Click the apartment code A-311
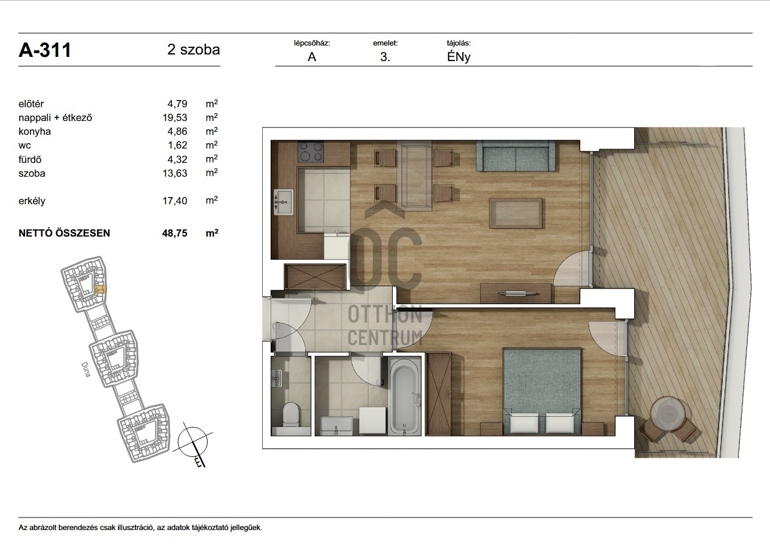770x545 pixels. [x=45, y=50]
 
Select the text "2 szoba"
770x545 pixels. [x=193, y=50]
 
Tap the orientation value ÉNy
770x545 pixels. [x=459, y=57]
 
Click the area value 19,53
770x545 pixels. [x=175, y=117]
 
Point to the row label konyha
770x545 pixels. [x=35, y=131]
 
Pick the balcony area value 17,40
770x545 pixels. [x=175, y=201]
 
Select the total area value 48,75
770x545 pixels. [x=175, y=233]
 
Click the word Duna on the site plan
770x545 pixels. [x=86, y=370]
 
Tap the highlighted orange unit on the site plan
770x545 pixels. [x=101, y=289]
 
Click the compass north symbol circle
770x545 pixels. [x=193, y=442]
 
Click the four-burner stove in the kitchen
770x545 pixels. [x=311, y=152]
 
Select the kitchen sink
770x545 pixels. [x=284, y=202]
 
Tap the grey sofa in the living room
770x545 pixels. [x=516, y=156]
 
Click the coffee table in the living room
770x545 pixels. [x=516, y=213]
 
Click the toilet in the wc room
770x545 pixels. [x=291, y=415]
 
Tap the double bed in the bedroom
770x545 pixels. [x=542, y=391]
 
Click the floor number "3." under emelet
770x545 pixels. [x=385, y=57]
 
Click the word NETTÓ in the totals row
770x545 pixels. [x=36, y=233]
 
